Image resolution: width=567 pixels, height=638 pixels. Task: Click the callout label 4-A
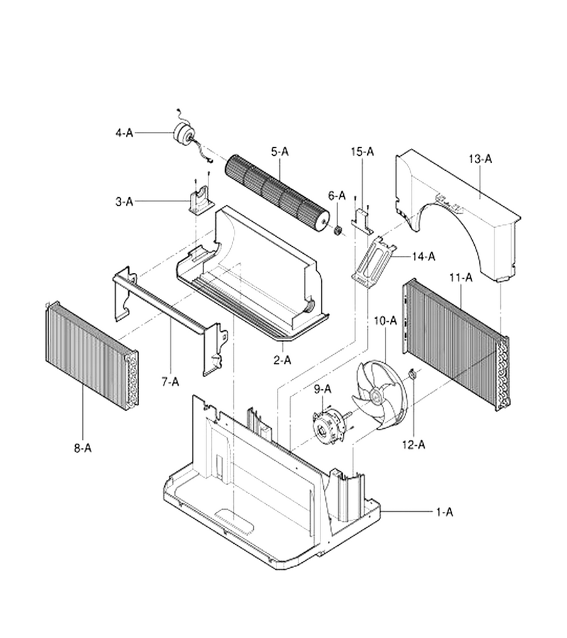[124, 133]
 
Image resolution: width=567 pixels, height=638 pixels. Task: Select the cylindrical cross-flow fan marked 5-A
[277, 194]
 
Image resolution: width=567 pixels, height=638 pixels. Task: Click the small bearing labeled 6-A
[337, 231]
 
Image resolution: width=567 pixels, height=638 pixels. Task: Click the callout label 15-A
[362, 152]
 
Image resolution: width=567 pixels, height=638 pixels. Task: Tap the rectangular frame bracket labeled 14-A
[374, 263]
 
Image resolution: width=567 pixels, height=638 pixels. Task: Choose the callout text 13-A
[480, 159]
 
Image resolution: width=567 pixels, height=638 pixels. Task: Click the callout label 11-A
[461, 278]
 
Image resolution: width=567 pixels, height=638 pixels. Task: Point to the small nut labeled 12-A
[412, 374]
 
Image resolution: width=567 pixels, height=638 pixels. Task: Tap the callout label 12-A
[414, 444]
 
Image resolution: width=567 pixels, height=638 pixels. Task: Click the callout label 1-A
[444, 512]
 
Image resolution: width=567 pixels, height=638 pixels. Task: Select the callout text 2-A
[282, 360]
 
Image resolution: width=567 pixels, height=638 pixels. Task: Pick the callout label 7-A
[170, 381]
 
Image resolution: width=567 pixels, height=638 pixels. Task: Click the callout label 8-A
[82, 448]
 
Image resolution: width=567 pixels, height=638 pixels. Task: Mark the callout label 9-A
[322, 389]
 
